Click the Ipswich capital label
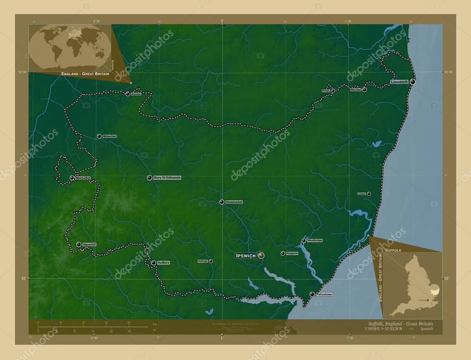246,256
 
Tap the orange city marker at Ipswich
261,255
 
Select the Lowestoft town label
398,82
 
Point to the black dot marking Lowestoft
413,82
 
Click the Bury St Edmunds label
167,177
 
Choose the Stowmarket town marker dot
222,202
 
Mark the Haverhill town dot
79,244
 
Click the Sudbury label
163,263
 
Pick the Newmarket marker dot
72,178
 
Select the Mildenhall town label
109,137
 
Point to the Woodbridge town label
315,240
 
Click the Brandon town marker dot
127,94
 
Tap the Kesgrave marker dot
282,253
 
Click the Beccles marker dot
364,90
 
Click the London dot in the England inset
428,300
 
